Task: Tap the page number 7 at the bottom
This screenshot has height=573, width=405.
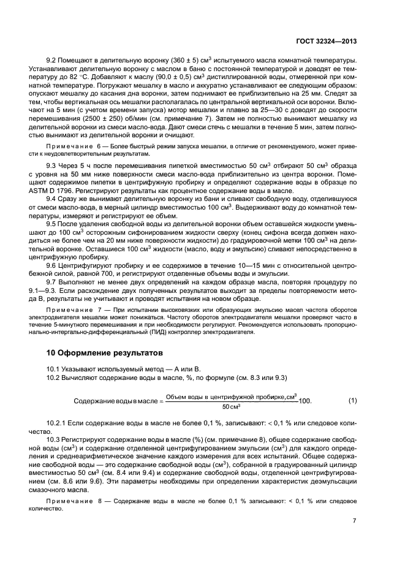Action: (354, 521)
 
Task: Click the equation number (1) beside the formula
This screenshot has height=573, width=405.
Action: (352, 400)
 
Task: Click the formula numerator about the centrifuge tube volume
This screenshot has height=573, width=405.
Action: (231, 395)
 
